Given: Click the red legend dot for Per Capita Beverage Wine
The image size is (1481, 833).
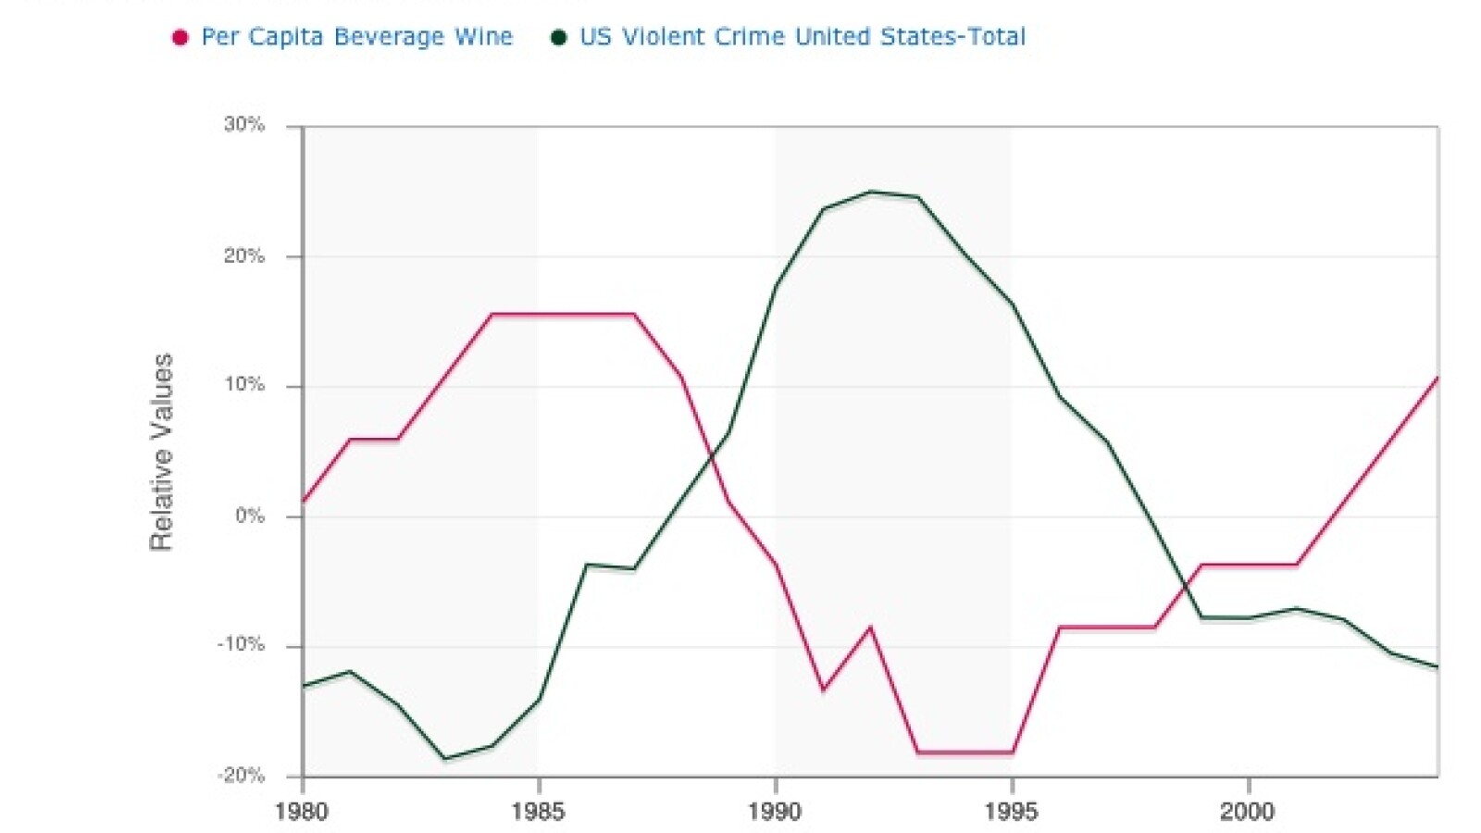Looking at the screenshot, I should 180,38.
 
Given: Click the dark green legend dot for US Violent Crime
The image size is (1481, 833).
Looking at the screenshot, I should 558,38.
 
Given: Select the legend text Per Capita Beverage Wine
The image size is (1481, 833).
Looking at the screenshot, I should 356,37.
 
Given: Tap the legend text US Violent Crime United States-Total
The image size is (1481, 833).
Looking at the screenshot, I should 803,37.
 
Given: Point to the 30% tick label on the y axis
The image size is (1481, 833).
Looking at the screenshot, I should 244,125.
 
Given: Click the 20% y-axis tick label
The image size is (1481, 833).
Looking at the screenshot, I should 244,256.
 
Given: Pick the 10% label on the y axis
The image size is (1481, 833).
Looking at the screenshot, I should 244,385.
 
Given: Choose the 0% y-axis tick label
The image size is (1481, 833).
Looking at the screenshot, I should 250,516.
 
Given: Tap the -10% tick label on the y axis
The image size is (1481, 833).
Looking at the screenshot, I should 241,645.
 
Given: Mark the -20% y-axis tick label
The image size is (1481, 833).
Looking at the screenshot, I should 241,776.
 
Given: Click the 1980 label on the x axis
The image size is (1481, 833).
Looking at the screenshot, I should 302,813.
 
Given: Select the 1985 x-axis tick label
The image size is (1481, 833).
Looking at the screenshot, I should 538,813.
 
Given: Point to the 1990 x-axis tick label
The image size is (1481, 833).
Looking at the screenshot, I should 775,813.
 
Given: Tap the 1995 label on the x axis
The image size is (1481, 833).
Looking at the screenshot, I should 1012,813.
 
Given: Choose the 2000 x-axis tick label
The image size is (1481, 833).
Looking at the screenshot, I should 1248,813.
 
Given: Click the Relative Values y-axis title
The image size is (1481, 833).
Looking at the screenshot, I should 162,452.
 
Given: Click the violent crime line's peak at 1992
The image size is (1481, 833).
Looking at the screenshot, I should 870,192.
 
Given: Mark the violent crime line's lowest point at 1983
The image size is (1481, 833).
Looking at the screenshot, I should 445,759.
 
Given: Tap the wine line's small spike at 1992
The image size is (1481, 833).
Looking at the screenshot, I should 870,628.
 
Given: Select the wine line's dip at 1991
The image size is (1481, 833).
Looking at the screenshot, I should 823,690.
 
